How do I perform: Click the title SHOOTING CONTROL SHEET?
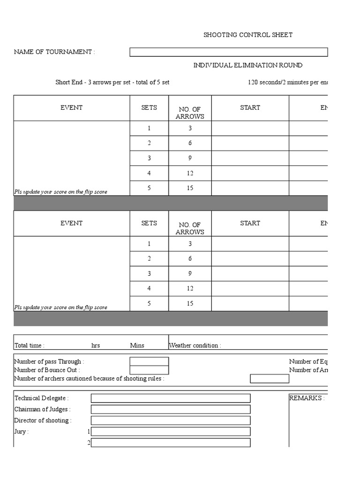tap(248, 35)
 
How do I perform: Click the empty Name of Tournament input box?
tap(228, 52)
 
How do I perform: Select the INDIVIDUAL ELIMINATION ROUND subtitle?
tap(247, 65)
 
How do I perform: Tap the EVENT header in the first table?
tap(71, 108)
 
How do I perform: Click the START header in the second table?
tap(250, 224)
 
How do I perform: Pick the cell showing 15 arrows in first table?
tap(190, 188)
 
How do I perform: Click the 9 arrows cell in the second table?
tap(190, 274)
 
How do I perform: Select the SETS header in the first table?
tap(149, 108)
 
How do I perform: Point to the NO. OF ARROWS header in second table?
tap(190, 228)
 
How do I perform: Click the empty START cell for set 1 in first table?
tap(250, 128)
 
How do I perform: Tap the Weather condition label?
tap(195, 345)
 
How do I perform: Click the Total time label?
tap(30, 345)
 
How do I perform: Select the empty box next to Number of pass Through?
tap(149, 361)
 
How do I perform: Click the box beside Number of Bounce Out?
tap(149, 370)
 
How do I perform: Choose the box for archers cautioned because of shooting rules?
tap(270, 379)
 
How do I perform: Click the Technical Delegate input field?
tap(171, 398)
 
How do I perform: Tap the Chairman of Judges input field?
tap(171, 409)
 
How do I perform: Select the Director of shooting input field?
tap(171, 420)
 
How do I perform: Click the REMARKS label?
tap(307, 398)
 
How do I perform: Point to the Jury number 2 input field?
tap(171, 443)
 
